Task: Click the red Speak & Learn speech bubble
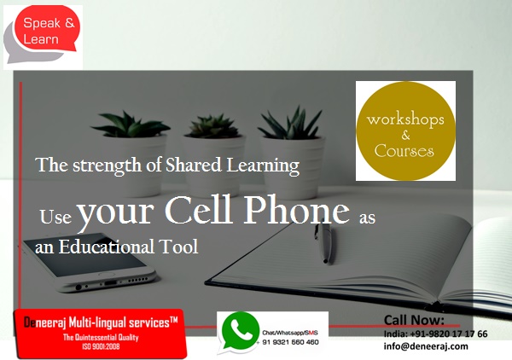(47, 29)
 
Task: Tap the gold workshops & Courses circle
(405, 131)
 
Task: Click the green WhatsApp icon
(240, 332)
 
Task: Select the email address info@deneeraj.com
(426, 346)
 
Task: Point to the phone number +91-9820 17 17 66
(449, 334)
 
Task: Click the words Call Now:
(414, 320)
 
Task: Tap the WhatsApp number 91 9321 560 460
(291, 342)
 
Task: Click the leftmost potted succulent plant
(130, 154)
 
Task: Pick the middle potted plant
(213, 154)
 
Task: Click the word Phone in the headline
(296, 211)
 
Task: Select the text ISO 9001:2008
(101, 346)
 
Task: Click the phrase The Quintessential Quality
(101, 338)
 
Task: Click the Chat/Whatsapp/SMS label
(290, 333)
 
